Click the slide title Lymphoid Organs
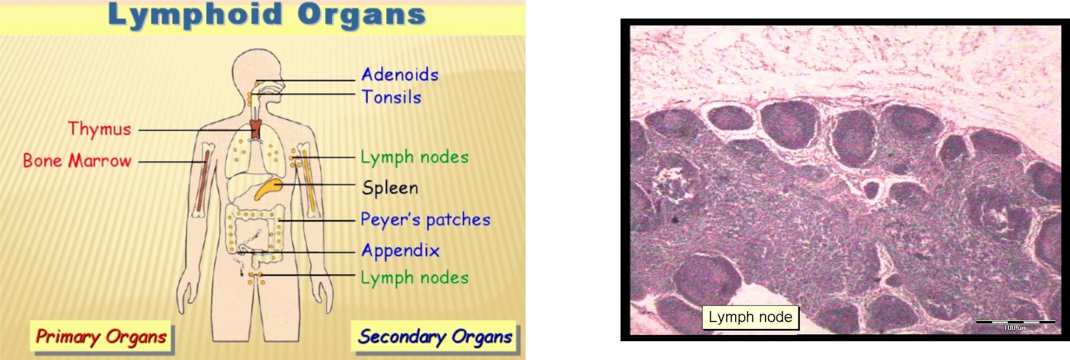267,15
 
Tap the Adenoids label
400,74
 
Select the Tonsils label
392,97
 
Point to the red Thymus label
99,129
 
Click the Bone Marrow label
77,160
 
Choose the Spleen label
390,187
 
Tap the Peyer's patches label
425,220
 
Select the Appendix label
400,251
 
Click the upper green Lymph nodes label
414,157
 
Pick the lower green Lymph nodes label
414,278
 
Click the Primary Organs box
101,337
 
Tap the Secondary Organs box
435,337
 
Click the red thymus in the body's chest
256,129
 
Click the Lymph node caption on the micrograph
750,317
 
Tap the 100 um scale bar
1016,322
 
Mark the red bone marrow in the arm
203,181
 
